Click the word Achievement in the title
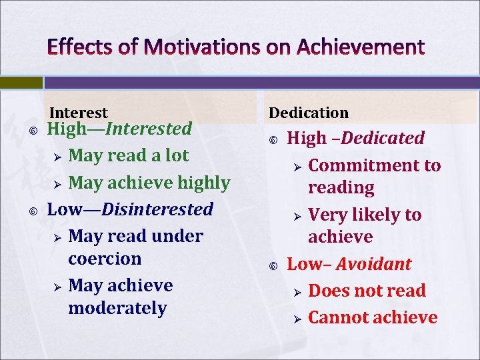pos(360,47)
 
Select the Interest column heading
pos(78,113)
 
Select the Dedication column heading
pos(308,113)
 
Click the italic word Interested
pos(149,128)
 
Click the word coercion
pos(105,259)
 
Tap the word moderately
pos(117,308)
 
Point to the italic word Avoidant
pos(373,264)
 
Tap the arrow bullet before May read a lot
pos(57,156)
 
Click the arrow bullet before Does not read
pos(297,291)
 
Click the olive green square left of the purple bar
pos(21,82)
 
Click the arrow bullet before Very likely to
pos(297,215)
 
